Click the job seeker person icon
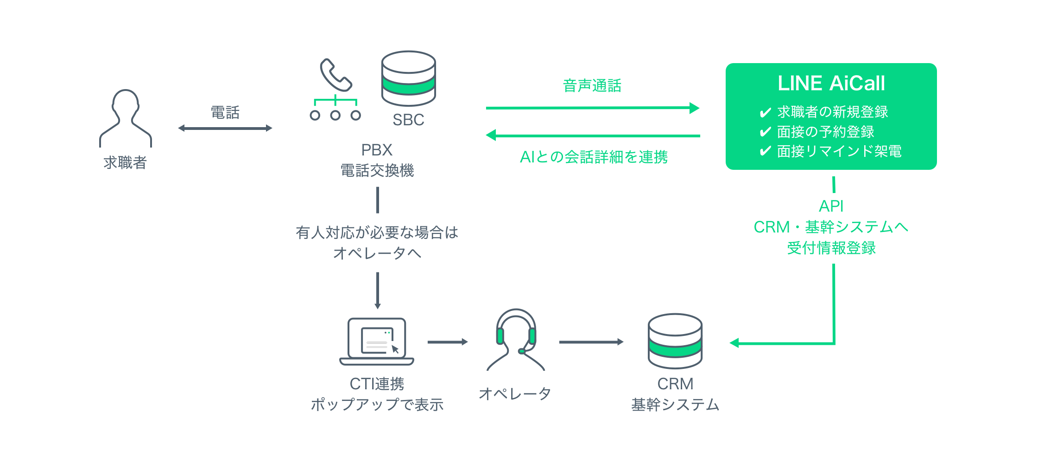tap(126, 118)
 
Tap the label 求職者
tap(125, 162)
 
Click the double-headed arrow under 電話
tap(225, 128)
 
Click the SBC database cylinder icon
tap(408, 78)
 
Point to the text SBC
tap(408, 120)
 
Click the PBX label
tap(377, 150)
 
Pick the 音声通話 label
tap(592, 86)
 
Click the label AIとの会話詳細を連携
tap(594, 157)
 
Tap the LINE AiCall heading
tap(831, 84)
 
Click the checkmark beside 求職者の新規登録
tap(765, 112)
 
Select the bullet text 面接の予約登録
tap(825, 132)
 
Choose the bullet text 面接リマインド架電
tap(839, 151)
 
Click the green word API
tap(831, 206)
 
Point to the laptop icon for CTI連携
tap(377, 341)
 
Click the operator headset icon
tap(516, 339)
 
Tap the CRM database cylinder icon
tap(675, 341)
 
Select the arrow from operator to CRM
tap(591, 342)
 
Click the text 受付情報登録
tap(831, 248)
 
